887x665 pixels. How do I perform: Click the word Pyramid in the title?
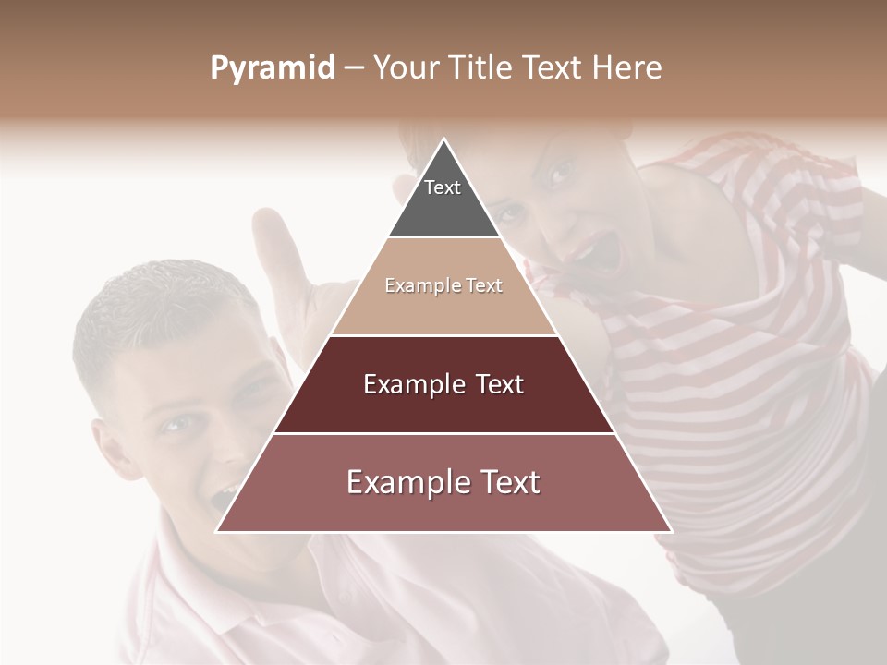pyautogui.click(x=273, y=68)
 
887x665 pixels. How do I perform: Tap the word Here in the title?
pyautogui.click(x=626, y=68)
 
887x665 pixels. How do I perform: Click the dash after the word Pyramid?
pyautogui.click(x=353, y=68)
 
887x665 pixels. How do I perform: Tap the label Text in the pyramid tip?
pyautogui.click(x=443, y=187)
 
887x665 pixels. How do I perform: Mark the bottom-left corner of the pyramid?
pyautogui.click(x=217, y=532)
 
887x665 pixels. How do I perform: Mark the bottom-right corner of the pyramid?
pyautogui.click(x=672, y=532)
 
